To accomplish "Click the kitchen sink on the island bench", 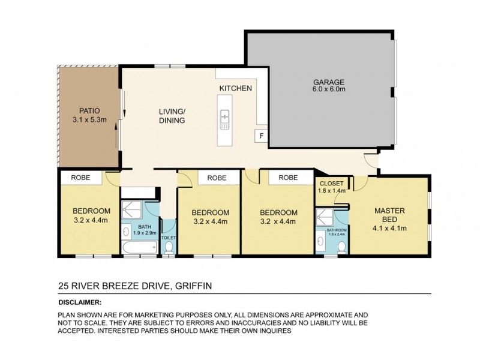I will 226,119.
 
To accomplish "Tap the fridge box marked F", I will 261,136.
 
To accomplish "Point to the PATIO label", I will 89,110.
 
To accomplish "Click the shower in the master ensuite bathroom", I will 325,217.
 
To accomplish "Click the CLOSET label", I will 331,184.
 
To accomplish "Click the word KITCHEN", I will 235,89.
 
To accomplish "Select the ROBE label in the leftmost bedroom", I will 81,178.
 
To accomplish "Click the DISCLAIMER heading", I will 80,303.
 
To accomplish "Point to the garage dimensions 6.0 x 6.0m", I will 328,90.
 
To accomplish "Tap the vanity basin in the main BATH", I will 127,230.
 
